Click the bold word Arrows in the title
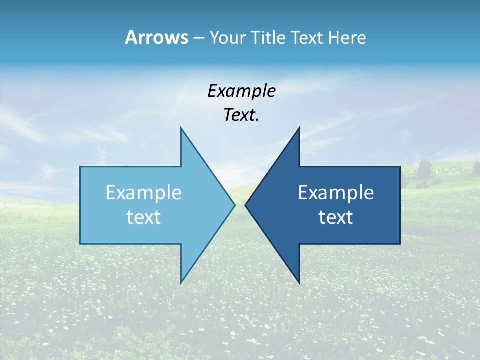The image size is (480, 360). [x=156, y=37]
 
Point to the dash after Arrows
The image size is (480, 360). [x=198, y=38]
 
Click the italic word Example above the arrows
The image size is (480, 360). [x=241, y=91]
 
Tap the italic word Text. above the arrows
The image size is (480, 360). [x=241, y=115]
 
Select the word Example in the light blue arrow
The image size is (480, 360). [x=143, y=193]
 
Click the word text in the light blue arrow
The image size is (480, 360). [x=143, y=217]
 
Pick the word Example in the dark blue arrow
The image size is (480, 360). [x=336, y=193]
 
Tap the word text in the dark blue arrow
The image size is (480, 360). [x=336, y=217]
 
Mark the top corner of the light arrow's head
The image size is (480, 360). [x=181, y=128]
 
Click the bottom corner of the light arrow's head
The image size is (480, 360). [x=181, y=283]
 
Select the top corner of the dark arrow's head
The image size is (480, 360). [x=299, y=128]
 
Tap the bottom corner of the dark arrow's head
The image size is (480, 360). [x=299, y=283]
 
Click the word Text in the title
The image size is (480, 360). [x=307, y=38]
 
